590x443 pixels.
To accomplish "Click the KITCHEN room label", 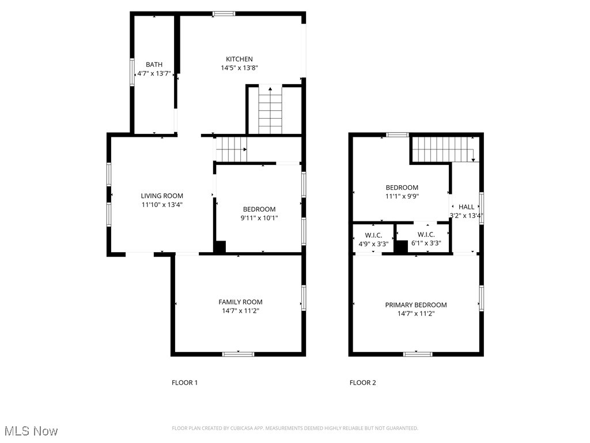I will point(239,59).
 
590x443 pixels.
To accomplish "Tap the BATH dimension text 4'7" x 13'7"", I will point(154,73).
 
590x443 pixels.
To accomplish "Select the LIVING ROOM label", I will point(162,196).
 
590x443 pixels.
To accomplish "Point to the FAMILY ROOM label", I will point(240,302).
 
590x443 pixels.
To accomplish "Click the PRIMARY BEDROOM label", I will point(415,305).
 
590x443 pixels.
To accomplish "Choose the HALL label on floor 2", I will point(466,207).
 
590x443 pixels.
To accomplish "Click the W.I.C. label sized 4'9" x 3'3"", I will point(373,235).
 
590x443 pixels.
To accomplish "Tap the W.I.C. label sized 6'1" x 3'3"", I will point(426,235).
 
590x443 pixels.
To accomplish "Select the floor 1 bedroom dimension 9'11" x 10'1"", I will point(259,217).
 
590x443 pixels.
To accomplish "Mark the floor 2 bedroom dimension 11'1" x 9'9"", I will point(402,196).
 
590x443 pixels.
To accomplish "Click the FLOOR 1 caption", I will point(184,382).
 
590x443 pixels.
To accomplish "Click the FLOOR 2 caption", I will point(362,382).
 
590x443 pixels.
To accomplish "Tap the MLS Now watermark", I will point(31,431).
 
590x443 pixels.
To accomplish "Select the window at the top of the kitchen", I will point(224,14).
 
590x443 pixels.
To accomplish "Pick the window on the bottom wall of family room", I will point(238,354).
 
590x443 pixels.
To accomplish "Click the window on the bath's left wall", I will point(132,72).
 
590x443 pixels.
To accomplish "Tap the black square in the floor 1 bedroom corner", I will point(220,246).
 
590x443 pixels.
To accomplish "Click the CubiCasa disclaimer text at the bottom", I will point(294,428).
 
